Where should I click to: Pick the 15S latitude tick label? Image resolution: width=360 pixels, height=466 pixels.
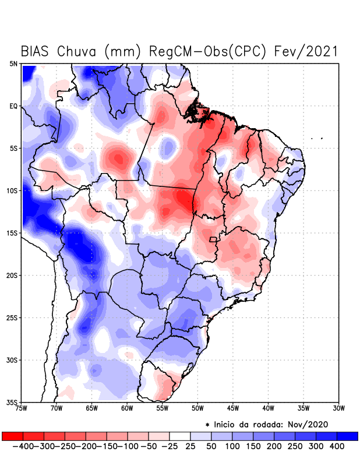[x=13, y=233]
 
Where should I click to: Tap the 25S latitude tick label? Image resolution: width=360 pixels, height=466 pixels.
[x=13, y=317]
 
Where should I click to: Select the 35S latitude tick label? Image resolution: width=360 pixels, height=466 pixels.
[x=13, y=402]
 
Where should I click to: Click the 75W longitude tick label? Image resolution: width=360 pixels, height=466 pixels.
[x=22, y=408]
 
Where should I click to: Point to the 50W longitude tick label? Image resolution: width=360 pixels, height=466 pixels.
[x=197, y=408]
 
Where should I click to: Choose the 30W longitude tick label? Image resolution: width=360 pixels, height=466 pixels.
[x=338, y=408]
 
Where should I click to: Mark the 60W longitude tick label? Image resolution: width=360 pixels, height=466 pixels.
[x=127, y=408]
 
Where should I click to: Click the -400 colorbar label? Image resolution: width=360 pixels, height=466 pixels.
[x=24, y=446]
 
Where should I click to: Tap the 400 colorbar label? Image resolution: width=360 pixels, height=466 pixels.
[x=337, y=446]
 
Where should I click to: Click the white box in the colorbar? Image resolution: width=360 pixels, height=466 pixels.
[x=180, y=436]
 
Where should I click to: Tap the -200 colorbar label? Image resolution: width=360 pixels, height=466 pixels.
[x=87, y=446]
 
